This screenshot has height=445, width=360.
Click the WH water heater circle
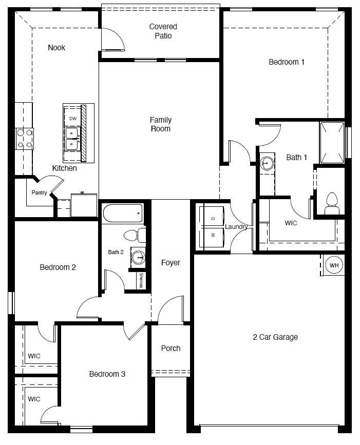(x=334, y=265)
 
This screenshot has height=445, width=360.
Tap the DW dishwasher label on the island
(x=72, y=118)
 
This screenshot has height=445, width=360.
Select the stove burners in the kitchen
(x=24, y=139)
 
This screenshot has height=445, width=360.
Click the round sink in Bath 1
(x=267, y=164)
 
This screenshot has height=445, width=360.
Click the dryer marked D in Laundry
(x=213, y=218)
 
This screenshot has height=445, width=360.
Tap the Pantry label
(x=39, y=193)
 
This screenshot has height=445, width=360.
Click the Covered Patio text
(x=163, y=31)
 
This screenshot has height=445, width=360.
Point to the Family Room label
(x=160, y=124)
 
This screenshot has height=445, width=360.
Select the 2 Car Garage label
(x=275, y=337)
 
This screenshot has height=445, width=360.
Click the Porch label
(x=170, y=348)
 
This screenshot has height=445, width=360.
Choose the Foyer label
(x=170, y=262)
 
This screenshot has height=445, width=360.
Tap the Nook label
(x=56, y=48)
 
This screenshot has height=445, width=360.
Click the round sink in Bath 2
(x=138, y=257)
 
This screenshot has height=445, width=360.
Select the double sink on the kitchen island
(x=72, y=139)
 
